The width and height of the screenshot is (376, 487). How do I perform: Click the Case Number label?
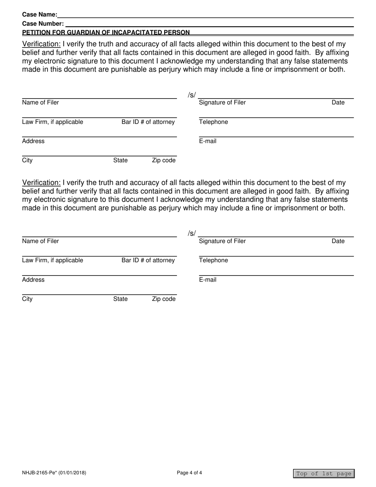43,24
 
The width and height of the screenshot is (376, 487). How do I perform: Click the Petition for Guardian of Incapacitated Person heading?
106,32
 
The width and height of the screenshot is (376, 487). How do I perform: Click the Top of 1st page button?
324,474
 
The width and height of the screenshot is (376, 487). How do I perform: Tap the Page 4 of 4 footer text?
190,472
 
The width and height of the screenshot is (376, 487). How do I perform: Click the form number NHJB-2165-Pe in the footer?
54,472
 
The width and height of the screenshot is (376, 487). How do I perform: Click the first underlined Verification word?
42,44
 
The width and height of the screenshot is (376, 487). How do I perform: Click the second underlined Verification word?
42,183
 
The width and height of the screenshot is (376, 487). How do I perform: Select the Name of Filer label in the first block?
40,103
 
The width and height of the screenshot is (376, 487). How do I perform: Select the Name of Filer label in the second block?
40,241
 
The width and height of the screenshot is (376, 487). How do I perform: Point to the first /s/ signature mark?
192,95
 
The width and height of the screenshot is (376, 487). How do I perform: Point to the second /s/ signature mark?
192,234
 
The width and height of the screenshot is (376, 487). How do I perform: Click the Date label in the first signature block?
338,103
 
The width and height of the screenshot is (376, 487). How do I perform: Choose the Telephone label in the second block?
213,260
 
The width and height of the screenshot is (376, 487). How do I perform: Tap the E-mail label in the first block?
208,141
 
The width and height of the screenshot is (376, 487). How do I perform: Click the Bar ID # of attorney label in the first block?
148,122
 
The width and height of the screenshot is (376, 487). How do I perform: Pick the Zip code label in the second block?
163,299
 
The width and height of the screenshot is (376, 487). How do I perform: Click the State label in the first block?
120,160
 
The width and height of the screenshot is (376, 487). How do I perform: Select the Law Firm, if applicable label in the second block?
53,260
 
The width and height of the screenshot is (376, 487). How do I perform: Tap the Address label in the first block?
33,141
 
